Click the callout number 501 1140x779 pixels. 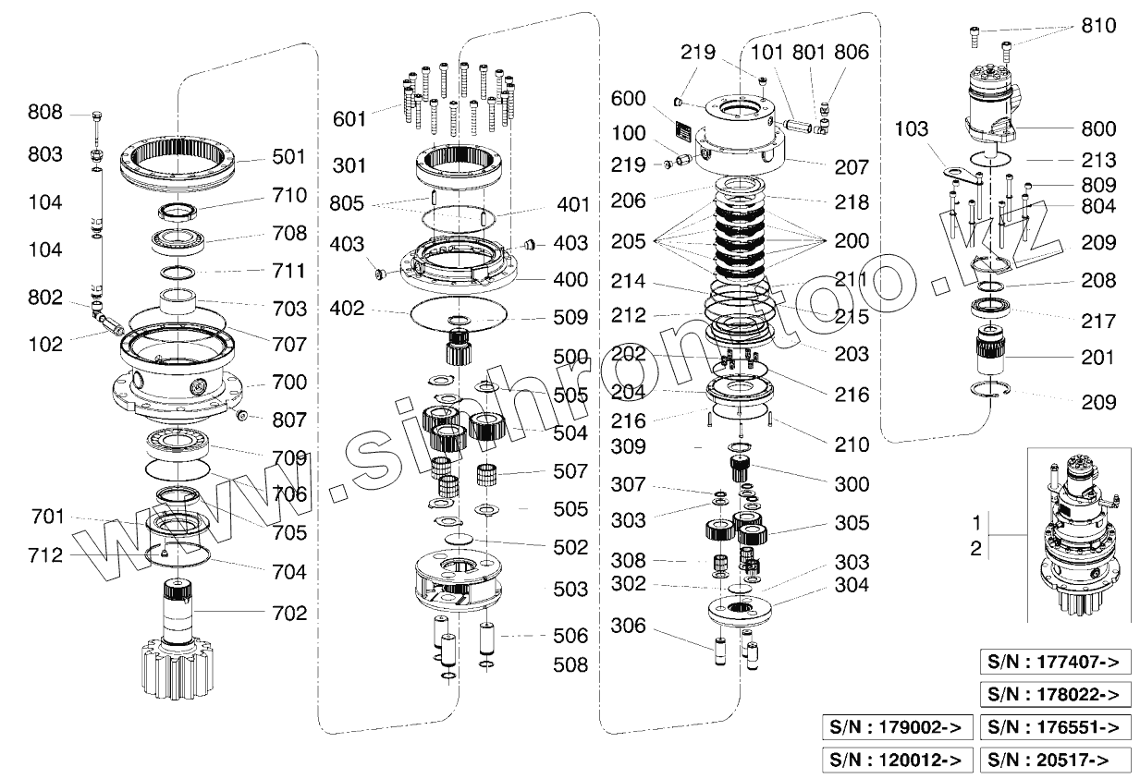coord(288,157)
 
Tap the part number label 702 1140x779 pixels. coord(288,613)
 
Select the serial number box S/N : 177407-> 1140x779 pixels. coord(1055,663)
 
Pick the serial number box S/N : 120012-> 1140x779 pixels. coord(897,760)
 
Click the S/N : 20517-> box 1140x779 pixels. coord(1055,760)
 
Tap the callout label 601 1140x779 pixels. coord(350,118)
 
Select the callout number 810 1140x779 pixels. coord(1097,27)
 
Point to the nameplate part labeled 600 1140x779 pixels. coord(684,129)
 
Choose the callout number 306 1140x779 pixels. coord(630,627)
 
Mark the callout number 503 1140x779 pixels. coord(570,589)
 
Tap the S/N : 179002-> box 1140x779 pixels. coord(897,727)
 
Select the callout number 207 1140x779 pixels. coord(851,167)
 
